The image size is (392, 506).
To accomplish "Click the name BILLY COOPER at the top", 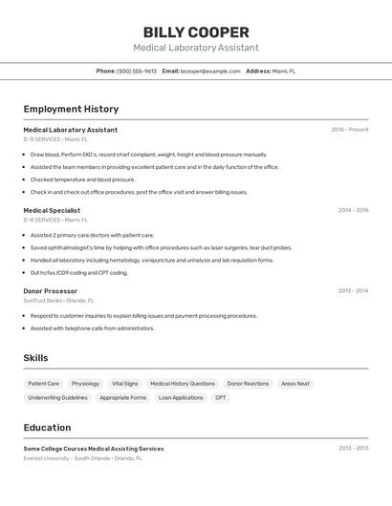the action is point(196,32).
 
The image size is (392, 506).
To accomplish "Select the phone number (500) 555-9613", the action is point(137,71).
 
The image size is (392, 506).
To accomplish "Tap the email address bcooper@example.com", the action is point(210,71).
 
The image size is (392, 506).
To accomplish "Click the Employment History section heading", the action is point(71,109).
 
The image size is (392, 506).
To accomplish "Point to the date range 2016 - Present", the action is point(349,130).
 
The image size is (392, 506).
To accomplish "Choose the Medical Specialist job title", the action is point(52,210).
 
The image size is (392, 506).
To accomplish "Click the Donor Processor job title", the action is point(51,291).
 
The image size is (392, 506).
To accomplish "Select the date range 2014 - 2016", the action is point(353,210).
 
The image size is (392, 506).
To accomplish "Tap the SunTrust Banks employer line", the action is point(59,301).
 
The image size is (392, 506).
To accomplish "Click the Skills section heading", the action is point(36,358).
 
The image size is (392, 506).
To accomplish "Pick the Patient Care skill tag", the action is point(44,384).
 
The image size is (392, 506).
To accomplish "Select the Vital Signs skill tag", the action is point(124,384).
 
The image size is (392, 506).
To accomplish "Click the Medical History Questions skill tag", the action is point(183,384).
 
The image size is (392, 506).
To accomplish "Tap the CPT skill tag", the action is point(221,397).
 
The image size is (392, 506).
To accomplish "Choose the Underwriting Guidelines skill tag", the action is point(57,397).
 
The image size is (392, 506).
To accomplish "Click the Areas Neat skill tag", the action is point(295,384).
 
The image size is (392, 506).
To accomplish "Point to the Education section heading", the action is point(47,428).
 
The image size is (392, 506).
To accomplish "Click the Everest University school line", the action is point(83,458).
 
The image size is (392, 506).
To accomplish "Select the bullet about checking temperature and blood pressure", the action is point(82,179).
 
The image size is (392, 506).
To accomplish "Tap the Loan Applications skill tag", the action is point(181,397).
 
